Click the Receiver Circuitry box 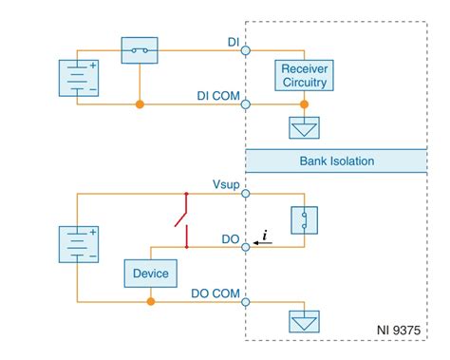tap(303, 74)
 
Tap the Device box tap(150, 274)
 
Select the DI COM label tap(216, 95)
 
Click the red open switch tap(183, 219)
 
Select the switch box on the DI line tap(140, 50)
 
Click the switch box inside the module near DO tap(303, 219)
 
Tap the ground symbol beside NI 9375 tap(303, 324)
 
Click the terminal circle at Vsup tap(246, 194)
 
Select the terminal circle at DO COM tap(246, 302)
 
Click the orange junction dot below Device tap(150, 302)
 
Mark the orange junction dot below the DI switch tap(140, 104)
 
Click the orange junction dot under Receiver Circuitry tap(303, 104)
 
